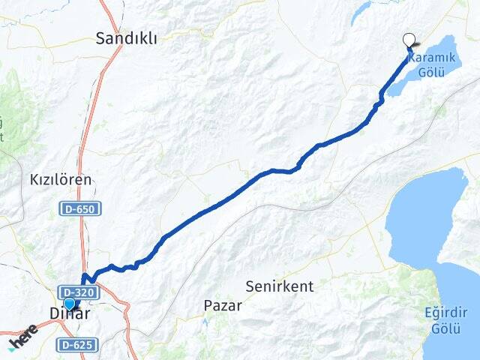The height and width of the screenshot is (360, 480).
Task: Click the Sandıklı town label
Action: pyautogui.click(x=127, y=39)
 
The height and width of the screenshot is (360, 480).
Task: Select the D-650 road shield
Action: pyautogui.click(x=79, y=208)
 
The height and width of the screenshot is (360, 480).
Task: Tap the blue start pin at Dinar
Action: pyautogui.click(x=70, y=304)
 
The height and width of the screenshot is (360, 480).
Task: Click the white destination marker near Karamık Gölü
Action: pyautogui.click(x=409, y=41)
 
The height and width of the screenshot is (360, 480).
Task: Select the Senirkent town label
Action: pyautogui.click(x=280, y=286)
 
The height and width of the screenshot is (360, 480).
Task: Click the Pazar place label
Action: pyautogui.click(x=223, y=305)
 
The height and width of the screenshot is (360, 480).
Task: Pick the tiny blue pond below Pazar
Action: pyautogui.click(x=205, y=322)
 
